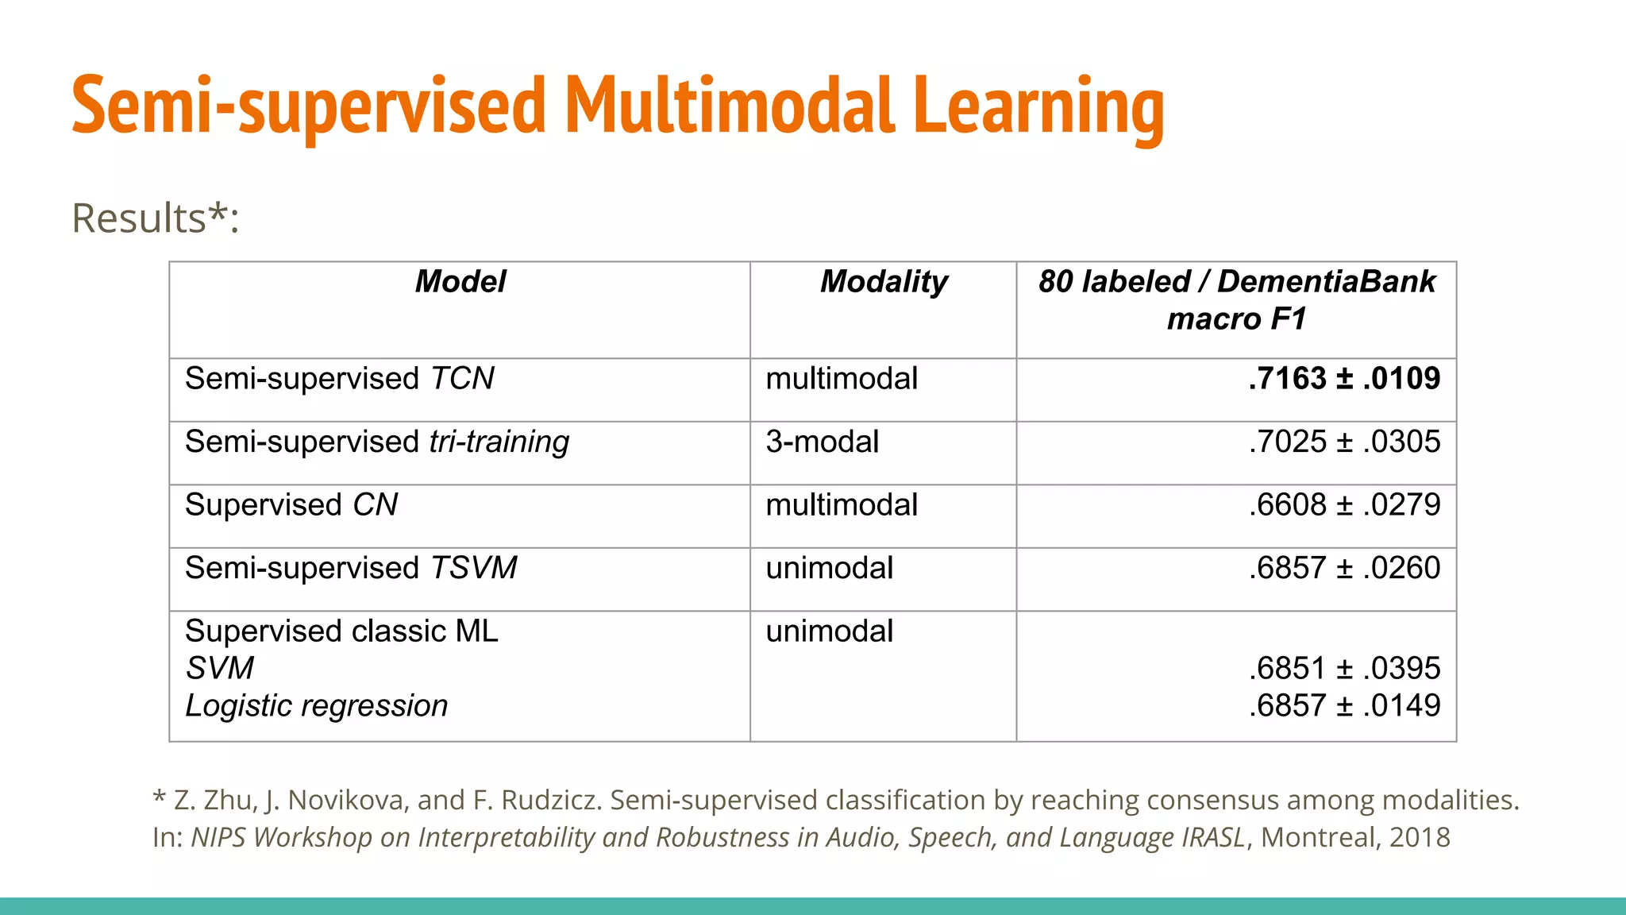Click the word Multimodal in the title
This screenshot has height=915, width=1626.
click(729, 106)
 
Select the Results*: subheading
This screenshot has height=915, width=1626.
click(156, 218)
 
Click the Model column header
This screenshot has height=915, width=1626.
click(460, 282)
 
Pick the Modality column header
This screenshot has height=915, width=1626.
click(883, 282)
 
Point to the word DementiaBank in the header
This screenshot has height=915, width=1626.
click(1326, 282)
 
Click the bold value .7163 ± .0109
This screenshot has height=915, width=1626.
click(1343, 378)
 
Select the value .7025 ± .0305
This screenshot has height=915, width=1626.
click(1343, 442)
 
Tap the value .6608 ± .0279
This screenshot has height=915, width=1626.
click(1343, 505)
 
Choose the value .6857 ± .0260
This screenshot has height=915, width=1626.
click(1343, 568)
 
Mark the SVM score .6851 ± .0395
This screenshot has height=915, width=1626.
click(1343, 669)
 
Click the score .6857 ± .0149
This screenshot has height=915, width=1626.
click(1343, 705)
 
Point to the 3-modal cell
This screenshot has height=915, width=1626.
click(822, 442)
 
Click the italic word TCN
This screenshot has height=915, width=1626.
click(462, 378)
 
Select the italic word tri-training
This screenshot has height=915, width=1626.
click(499, 442)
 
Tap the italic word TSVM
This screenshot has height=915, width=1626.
click(473, 568)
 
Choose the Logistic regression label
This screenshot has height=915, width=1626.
click(316, 706)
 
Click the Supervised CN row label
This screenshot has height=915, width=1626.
click(291, 505)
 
